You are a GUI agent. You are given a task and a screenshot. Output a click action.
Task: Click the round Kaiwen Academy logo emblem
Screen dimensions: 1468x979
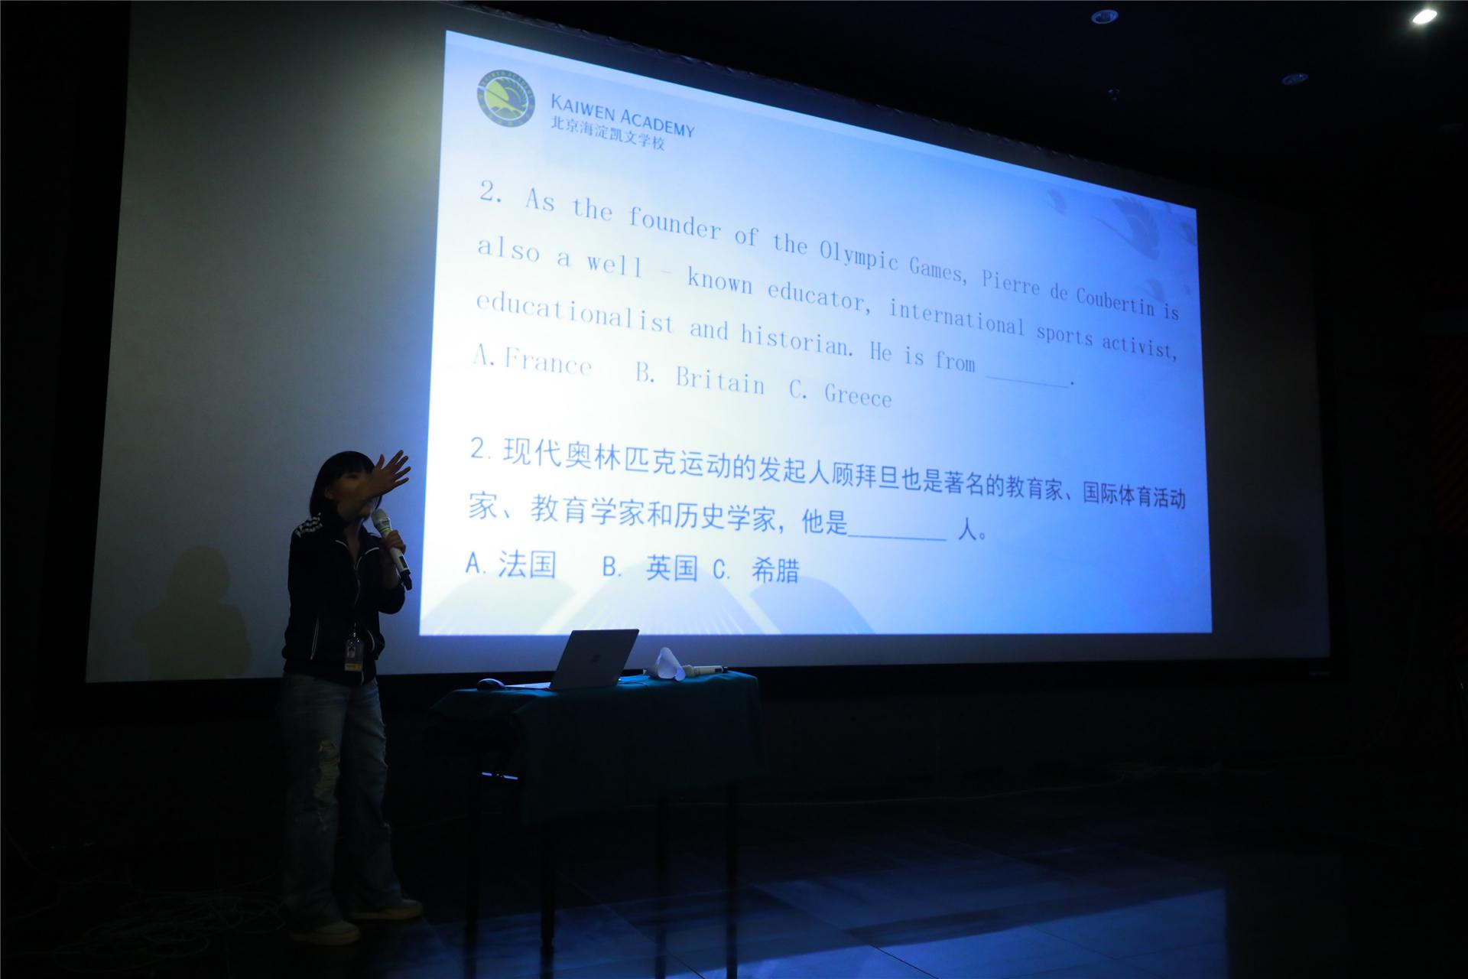point(506,96)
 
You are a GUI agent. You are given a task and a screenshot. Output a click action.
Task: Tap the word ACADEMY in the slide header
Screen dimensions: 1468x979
point(657,122)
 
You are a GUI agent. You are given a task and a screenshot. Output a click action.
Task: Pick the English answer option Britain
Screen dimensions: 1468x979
point(720,379)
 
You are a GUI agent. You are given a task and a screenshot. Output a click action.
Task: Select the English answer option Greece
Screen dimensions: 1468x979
point(858,395)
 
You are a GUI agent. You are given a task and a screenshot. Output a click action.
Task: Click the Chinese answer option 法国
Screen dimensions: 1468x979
point(527,564)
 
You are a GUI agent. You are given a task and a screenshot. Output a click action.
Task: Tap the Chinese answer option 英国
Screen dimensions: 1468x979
point(672,568)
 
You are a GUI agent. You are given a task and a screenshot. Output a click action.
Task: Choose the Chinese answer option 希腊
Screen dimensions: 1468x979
point(775,570)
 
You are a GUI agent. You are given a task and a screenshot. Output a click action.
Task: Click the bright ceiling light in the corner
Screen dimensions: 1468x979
point(1424,15)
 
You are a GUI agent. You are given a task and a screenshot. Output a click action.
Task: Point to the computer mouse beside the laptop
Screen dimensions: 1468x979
point(491,683)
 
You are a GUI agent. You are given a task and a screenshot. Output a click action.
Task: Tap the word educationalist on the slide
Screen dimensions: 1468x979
point(575,314)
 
